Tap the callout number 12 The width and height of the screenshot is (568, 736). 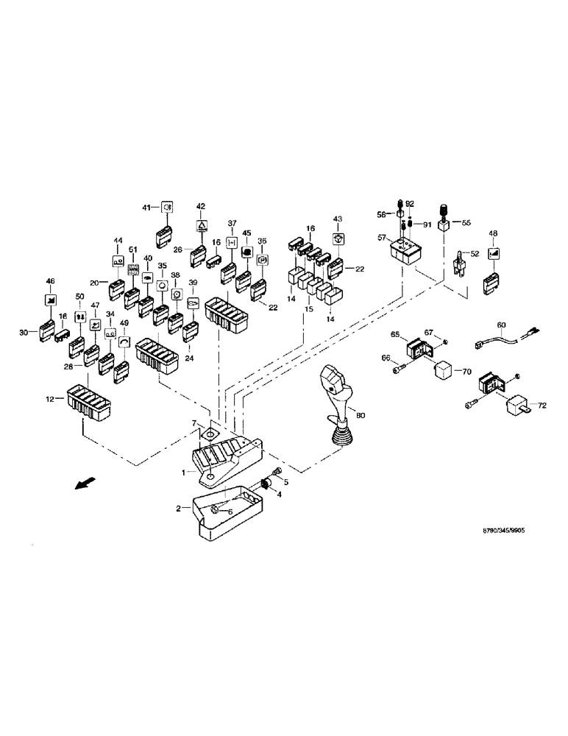50,400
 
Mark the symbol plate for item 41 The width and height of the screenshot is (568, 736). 167,208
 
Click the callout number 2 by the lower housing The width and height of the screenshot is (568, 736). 177,509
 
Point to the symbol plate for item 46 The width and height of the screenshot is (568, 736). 50,300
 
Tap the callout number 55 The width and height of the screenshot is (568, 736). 466,222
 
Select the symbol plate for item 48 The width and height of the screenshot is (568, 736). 492,255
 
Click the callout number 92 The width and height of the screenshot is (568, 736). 411,204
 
